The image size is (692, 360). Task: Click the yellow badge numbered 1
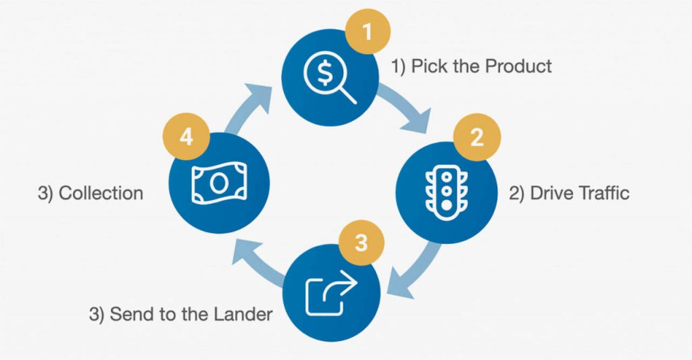pos(367,32)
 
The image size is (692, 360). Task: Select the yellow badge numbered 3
pos(361,242)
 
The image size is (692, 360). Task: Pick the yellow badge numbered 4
pos(187,136)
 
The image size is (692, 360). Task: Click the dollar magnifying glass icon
pos(330,80)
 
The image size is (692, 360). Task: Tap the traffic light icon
pos(446,194)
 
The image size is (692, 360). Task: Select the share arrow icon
pos(331,293)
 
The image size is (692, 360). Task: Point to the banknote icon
pos(219,182)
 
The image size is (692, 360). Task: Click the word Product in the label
pos(518,66)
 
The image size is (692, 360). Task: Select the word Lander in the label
pos(243,314)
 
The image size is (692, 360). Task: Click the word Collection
pos(101,193)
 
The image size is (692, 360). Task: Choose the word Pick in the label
pos(426,66)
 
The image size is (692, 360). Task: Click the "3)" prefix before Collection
pos(45,193)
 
